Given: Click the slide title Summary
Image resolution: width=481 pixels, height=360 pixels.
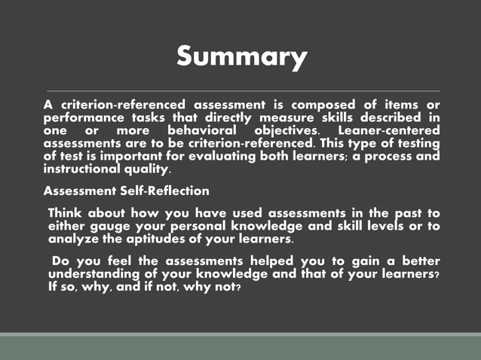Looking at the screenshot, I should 241,56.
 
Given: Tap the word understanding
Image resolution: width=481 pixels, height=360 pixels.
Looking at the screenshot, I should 94,274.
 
